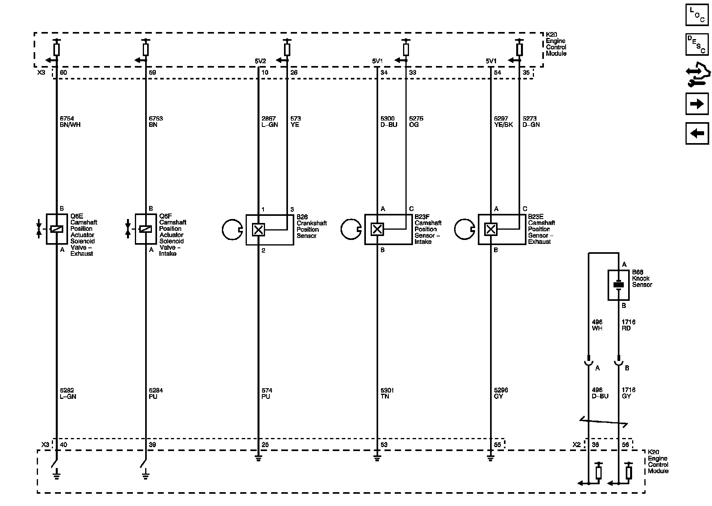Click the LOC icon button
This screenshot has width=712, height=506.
[x=697, y=15]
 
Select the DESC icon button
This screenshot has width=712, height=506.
[x=697, y=44]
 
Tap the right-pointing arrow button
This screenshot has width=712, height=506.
[x=697, y=104]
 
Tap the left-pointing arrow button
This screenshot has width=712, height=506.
[x=697, y=133]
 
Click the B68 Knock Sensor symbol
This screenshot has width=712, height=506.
[x=618, y=285]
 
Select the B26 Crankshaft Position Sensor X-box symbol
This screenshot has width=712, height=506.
[x=258, y=229]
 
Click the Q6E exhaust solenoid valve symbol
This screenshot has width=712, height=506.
[x=57, y=229]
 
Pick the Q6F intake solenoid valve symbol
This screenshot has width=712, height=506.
[x=146, y=229]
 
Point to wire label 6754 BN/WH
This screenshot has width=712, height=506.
[x=70, y=122]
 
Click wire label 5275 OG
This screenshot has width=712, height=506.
[x=416, y=122]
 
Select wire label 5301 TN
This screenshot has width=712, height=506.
[x=387, y=393]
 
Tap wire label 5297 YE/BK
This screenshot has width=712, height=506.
[x=503, y=122]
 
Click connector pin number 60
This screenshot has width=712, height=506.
[x=63, y=73]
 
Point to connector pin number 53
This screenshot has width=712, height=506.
[x=384, y=445]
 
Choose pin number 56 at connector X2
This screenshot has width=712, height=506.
[x=625, y=445]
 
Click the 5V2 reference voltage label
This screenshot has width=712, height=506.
[x=260, y=61]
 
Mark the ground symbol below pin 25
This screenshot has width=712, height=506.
[x=258, y=459]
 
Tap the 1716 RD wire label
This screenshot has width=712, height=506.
[x=628, y=325]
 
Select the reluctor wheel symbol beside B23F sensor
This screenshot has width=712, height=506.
[x=350, y=229]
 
